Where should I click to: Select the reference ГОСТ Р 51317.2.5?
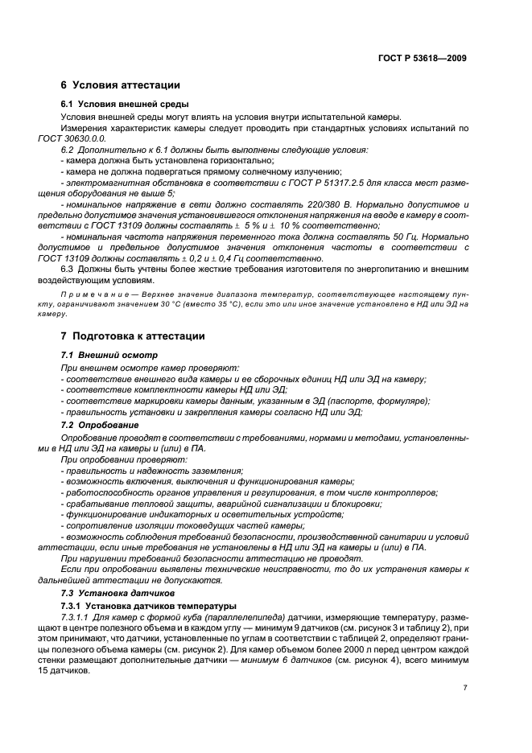point(312,183)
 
